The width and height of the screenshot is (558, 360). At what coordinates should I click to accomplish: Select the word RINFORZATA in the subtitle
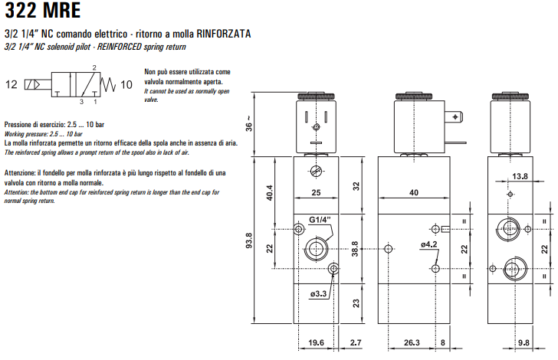pos(224,35)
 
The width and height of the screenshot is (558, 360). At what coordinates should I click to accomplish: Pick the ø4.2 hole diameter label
pos(428,244)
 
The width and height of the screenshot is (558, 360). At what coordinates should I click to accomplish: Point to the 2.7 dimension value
pos(355,343)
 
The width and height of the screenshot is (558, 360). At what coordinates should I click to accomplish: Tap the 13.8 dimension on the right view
pos(520,177)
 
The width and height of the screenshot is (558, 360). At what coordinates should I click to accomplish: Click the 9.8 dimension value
pos(524,343)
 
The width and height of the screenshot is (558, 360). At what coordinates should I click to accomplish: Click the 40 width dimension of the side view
pos(414,193)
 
